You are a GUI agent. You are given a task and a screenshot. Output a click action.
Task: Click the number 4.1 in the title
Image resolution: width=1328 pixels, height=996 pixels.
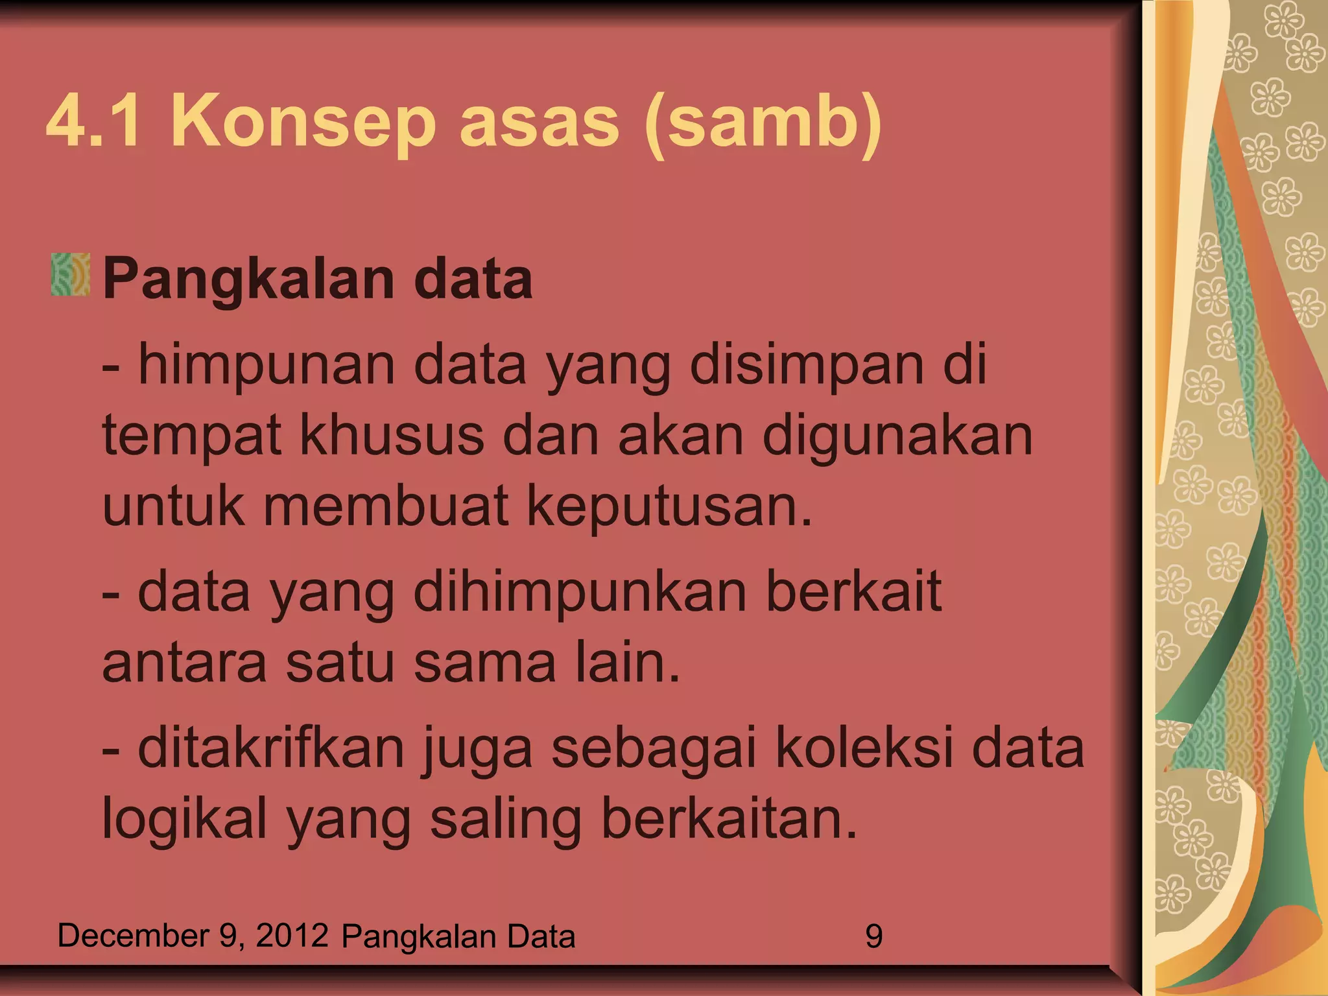pos(93,122)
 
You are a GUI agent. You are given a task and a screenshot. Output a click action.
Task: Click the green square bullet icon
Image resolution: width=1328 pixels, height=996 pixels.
pos(70,275)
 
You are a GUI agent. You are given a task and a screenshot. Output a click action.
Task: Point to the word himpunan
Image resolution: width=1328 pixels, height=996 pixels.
pos(267,366)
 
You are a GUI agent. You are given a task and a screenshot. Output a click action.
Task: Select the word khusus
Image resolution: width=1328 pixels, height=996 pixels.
pos(392,436)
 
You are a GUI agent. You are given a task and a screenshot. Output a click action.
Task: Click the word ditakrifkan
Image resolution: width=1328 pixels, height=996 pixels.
pos(272,748)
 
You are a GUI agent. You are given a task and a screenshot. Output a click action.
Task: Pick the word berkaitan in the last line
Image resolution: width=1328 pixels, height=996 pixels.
pos(729,818)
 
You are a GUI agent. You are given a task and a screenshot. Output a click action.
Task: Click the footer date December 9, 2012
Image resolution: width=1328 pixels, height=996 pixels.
pos(193,936)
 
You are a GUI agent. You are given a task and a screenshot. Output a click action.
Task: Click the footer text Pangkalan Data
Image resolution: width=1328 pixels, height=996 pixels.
pos(458,937)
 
